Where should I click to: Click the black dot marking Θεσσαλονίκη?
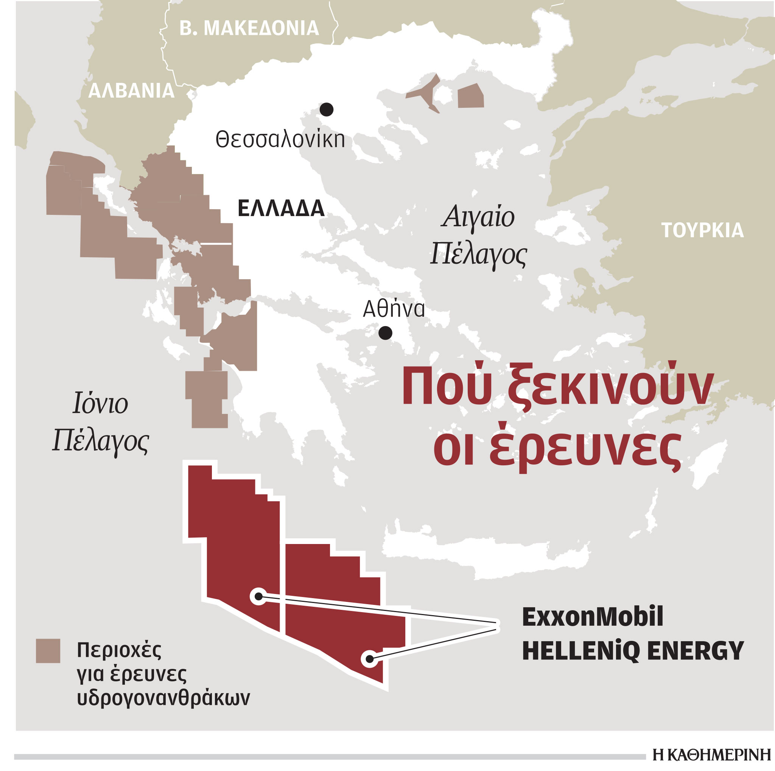point(327,109)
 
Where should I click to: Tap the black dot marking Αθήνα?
point(385,333)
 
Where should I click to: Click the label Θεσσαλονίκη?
point(280,140)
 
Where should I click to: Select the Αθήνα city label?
point(394,309)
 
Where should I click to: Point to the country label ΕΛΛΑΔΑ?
point(281,208)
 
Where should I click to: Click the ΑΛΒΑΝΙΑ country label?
point(131,91)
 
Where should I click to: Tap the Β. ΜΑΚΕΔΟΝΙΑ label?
point(249,28)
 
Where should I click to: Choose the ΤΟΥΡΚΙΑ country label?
point(702,230)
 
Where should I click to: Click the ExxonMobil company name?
point(593,617)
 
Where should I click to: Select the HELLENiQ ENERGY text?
point(633,651)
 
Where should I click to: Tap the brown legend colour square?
point(48,651)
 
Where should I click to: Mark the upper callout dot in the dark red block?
point(259,597)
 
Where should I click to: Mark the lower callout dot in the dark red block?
point(369,659)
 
